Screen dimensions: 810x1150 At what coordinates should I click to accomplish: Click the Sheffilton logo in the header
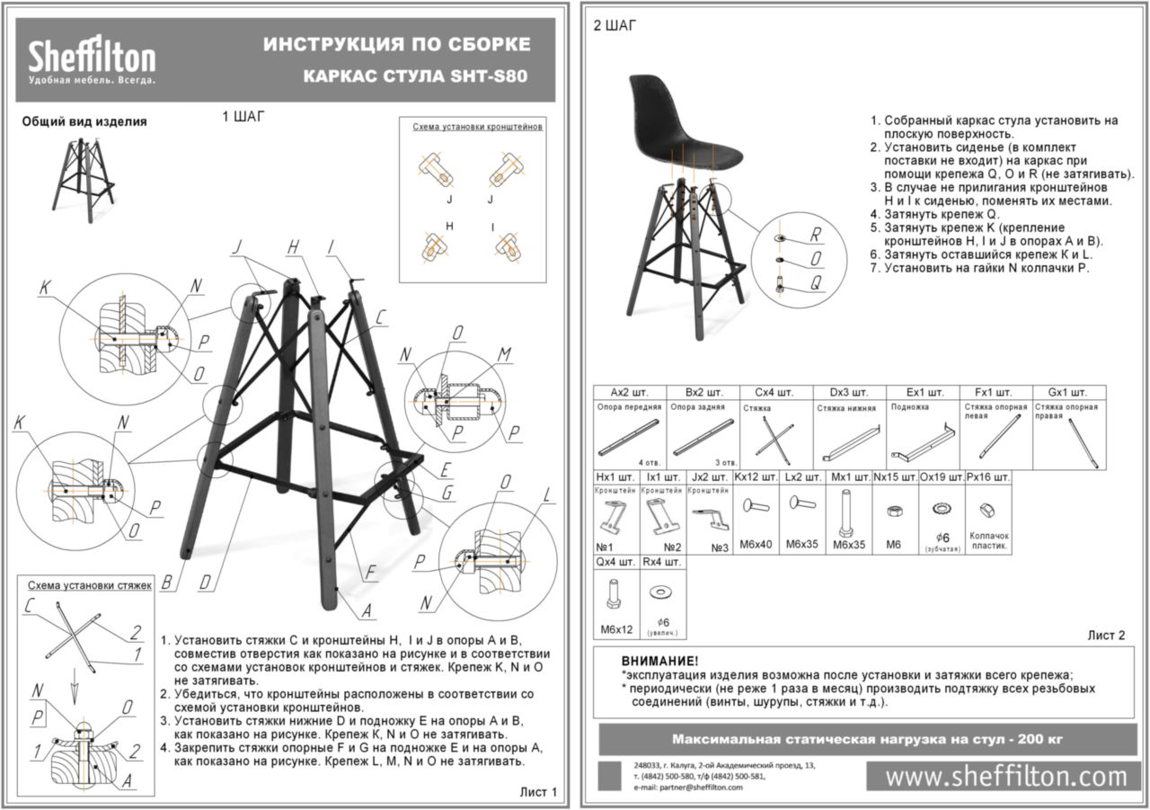click(92, 61)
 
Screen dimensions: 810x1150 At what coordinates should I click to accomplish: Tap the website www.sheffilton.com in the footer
click(1005, 776)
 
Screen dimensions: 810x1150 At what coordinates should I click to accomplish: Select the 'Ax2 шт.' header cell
click(629, 393)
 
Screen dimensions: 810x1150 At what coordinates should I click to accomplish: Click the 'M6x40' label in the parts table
click(757, 545)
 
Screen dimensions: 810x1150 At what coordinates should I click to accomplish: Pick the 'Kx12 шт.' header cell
click(756, 476)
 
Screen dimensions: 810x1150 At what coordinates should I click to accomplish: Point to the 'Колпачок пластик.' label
click(989, 540)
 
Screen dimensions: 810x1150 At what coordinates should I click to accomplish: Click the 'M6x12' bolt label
click(615, 628)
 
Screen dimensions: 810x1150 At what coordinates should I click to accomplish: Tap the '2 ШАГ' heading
click(615, 26)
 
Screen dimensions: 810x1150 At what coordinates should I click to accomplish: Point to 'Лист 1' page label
click(539, 792)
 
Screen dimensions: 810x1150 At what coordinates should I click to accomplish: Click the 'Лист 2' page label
click(1106, 636)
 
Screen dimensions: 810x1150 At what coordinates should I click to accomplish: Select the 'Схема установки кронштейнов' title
click(477, 128)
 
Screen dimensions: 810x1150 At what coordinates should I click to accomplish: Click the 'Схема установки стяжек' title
click(90, 584)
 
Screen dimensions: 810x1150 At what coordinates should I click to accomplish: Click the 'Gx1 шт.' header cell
click(1067, 393)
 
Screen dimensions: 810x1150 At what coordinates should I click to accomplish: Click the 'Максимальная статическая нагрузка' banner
click(867, 739)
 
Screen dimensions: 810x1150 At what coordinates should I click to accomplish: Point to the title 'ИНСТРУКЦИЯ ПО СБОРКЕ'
click(396, 45)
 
